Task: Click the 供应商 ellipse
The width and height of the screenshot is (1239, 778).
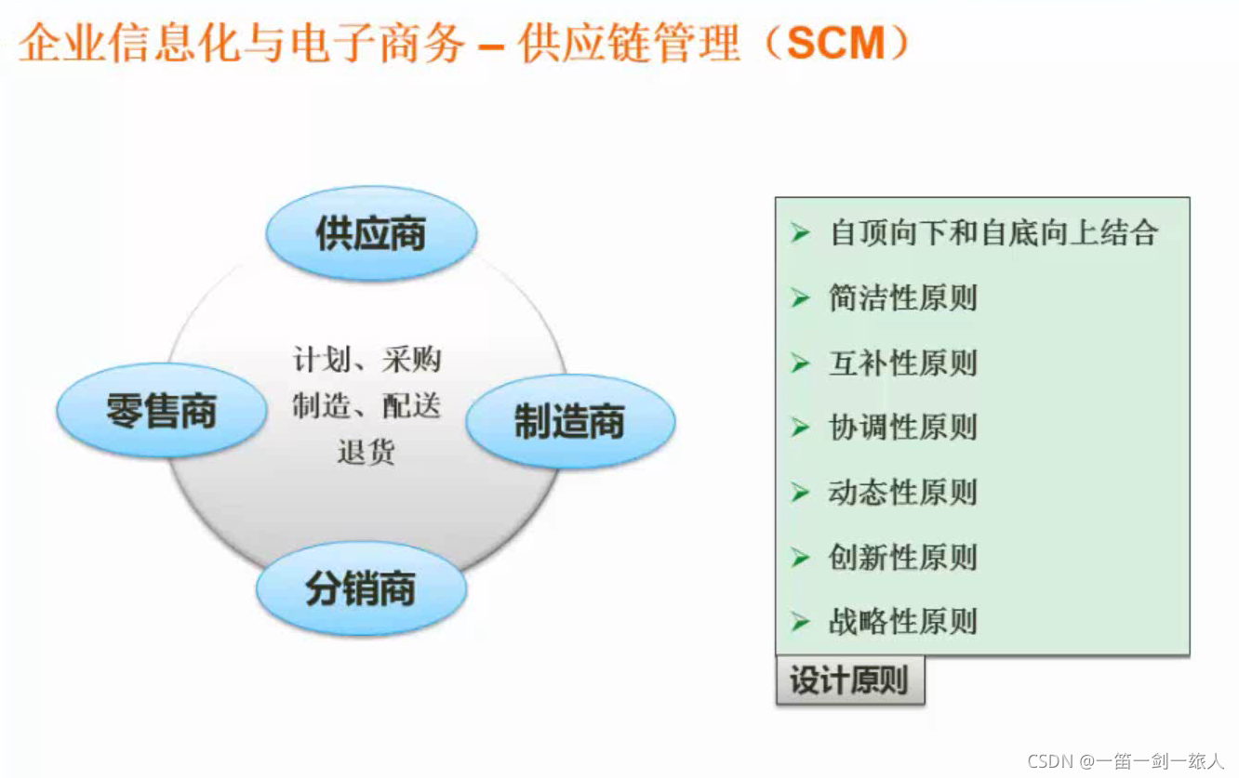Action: [371, 233]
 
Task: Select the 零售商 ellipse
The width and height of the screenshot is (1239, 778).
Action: [161, 410]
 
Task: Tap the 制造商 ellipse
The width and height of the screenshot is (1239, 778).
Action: [569, 421]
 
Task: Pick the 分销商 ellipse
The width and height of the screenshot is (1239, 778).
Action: [361, 589]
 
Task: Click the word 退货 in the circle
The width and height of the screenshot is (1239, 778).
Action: [366, 451]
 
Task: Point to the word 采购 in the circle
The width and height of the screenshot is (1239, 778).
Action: [410, 360]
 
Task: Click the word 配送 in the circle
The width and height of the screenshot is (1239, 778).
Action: [410, 405]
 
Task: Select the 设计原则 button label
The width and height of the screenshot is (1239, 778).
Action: [848, 680]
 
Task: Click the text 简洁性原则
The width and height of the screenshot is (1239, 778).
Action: [902, 298]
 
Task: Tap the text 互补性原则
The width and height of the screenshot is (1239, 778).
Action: [902, 363]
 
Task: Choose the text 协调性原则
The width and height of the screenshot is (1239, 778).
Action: [902, 428]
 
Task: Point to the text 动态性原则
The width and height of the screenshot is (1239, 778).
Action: [902, 492]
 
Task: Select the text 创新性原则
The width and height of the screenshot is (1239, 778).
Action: [902, 557]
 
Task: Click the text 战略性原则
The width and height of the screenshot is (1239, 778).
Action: [902, 621]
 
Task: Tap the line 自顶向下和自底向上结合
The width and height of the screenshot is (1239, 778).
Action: [993, 232]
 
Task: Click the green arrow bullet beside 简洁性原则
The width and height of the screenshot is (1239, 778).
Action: [800, 298]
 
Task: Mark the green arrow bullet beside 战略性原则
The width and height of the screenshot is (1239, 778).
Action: [800, 621]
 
